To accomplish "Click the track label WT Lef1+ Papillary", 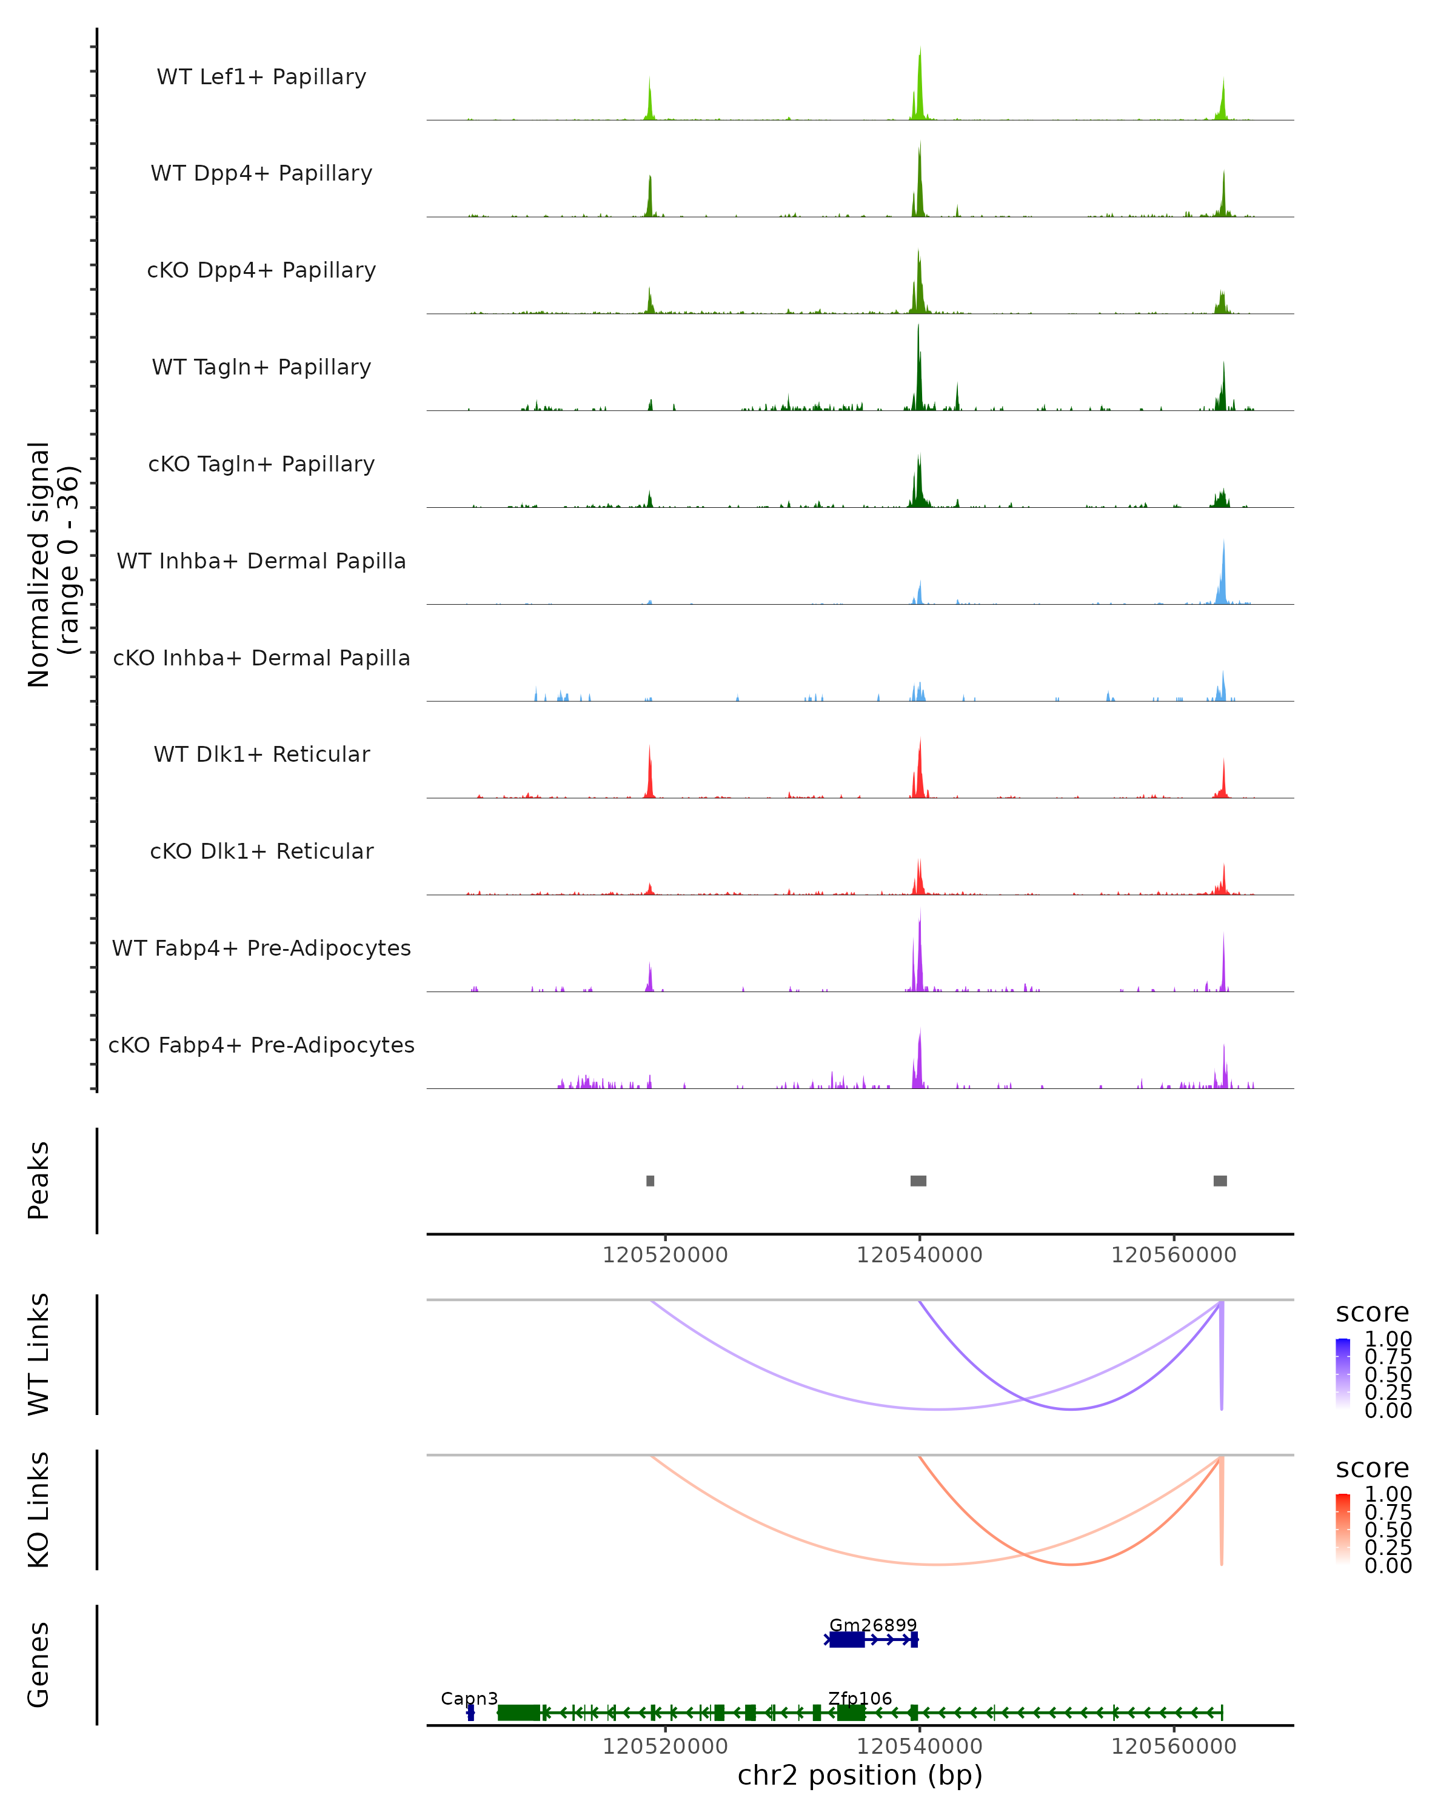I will click(x=261, y=77).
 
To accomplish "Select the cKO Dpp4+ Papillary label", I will click(x=261, y=271).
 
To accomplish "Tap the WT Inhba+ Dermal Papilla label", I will click(x=261, y=562).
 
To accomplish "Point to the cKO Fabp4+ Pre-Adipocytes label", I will click(x=261, y=1045).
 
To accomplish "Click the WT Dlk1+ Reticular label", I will click(x=261, y=754).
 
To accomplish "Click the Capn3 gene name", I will click(x=469, y=1698).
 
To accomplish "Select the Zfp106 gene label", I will click(x=860, y=1698).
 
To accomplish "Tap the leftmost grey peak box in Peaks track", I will click(x=651, y=1180).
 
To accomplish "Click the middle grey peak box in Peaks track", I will click(x=918, y=1180).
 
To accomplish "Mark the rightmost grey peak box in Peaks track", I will click(x=1220, y=1180).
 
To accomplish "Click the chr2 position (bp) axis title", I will click(x=860, y=1775).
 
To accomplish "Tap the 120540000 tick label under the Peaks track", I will click(x=920, y=1255).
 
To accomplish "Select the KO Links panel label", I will click(x=39, y=1510).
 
